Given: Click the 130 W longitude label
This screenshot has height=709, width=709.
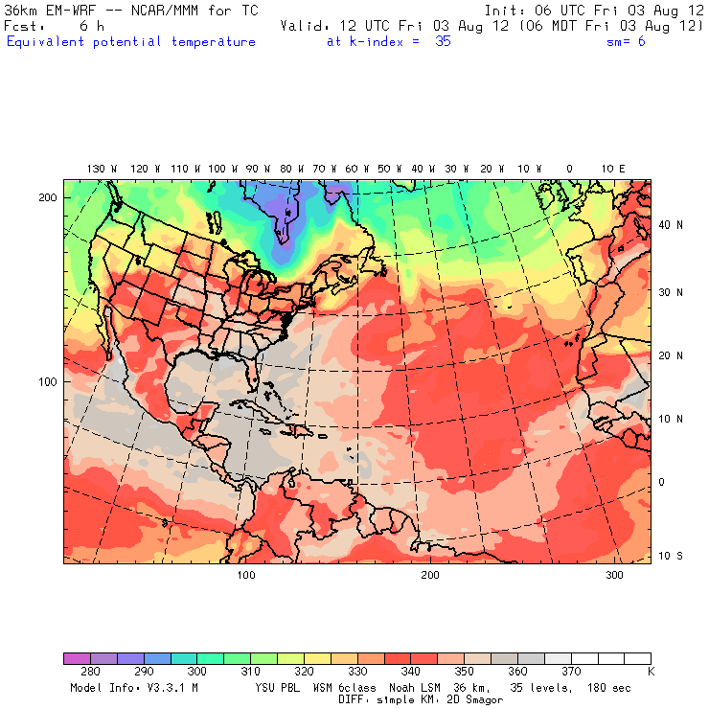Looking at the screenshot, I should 96,169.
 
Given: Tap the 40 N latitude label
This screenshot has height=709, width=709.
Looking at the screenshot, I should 673,225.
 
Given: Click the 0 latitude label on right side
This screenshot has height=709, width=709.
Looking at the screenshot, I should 661,482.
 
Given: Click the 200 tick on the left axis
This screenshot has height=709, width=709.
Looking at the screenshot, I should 47,197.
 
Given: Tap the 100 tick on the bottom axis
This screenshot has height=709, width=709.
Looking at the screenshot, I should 246,575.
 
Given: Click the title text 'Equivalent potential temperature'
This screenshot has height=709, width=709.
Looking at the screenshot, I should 131,42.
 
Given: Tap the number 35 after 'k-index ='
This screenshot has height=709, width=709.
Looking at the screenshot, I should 443,42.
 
